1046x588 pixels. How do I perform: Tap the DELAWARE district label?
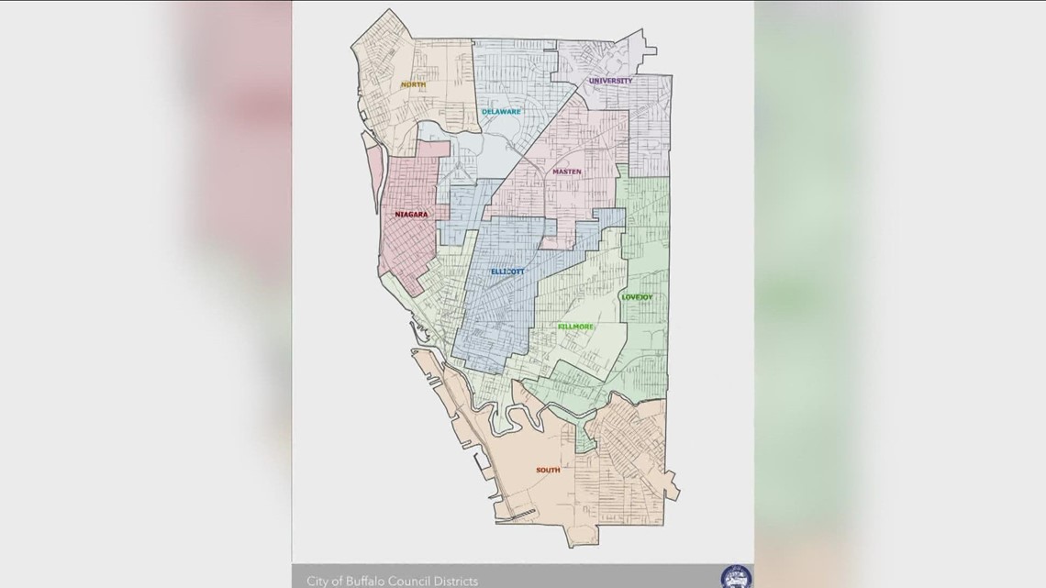501,112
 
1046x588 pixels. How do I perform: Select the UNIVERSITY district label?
611,81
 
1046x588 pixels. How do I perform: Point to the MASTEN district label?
566,172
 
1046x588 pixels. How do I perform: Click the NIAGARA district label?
411,215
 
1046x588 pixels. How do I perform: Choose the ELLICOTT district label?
506,272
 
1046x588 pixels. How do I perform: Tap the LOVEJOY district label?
638,296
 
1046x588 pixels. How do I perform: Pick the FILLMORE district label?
575,327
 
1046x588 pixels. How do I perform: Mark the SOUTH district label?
548,471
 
